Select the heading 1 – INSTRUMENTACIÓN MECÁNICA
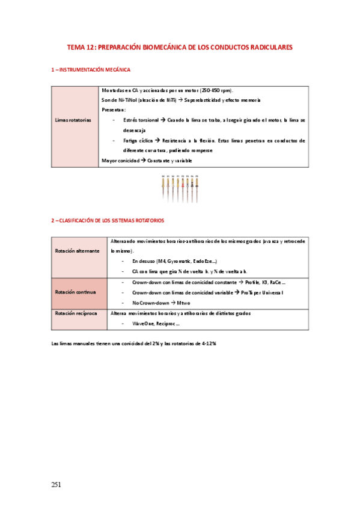click(x=90, y=70)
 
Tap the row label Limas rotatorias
click(x=73, y=120)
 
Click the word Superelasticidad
click(x=206, y=100)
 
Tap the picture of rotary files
click(x=180, y=188)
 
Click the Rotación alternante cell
click(x=77, y=251)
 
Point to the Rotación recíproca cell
click(x=77, y=313)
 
